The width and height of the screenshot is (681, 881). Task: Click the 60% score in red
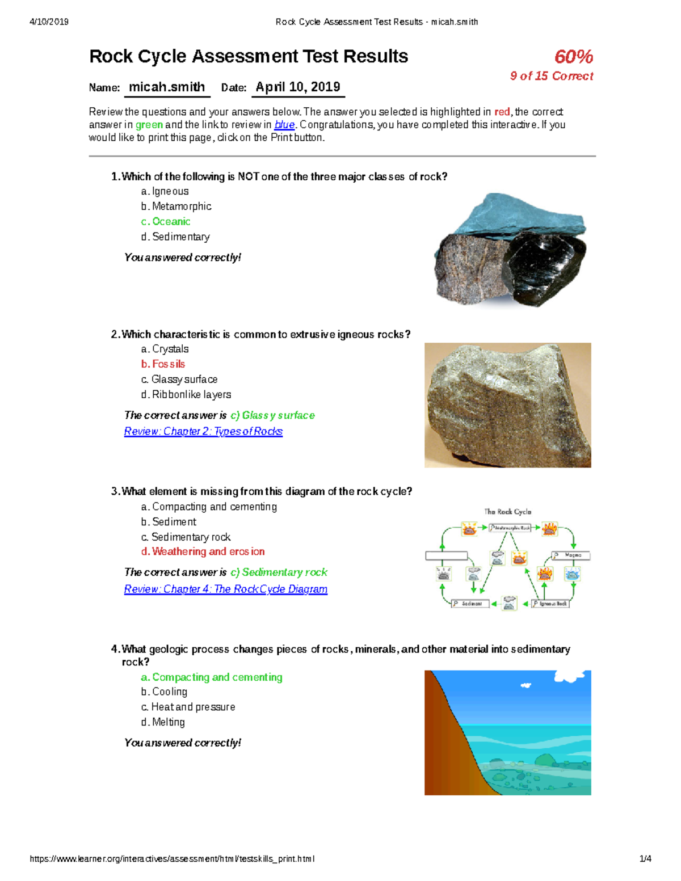(573, 57)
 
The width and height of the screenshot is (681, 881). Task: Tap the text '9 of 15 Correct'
(551, 76)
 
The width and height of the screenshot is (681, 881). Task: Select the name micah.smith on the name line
(167, 87)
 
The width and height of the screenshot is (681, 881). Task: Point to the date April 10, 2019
(298, 87)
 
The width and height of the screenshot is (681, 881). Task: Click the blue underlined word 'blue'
(284, 125)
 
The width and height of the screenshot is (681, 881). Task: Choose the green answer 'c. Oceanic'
(166, 222)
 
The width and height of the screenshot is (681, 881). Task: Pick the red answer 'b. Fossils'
(163, 364)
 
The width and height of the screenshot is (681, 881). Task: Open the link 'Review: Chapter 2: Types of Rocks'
(203, 432)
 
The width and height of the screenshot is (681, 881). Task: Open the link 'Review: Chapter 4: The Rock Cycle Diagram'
(225, 589)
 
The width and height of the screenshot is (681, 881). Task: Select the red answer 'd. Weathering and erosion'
(203, 551)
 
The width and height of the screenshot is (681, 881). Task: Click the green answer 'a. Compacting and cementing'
(211, 677)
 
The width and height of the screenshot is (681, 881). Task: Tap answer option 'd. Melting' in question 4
(163, 722)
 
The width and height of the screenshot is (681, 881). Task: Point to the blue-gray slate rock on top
(511, 218)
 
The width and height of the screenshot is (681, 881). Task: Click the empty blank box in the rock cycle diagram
(447, 556)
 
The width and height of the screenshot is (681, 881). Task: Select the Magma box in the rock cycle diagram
(571, 555)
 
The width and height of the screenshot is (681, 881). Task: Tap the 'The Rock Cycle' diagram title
(507, 512)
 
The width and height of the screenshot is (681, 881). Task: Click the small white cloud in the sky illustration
(526, 685)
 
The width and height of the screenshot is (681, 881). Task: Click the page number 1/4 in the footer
(645, 859)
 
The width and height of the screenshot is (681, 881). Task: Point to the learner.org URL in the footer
(172, 859)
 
